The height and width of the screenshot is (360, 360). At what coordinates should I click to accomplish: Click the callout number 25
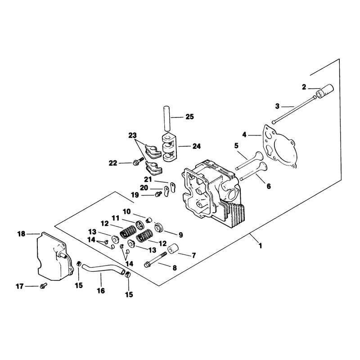point(189,117)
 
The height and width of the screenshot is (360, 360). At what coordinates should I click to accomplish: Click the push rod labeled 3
point(294,109)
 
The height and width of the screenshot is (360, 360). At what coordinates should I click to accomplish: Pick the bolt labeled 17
point(43,286)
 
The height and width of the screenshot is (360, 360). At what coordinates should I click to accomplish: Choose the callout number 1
point(260,246)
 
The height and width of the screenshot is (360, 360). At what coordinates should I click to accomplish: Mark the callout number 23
point(132,135)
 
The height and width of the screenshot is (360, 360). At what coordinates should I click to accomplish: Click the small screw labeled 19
point(158,194)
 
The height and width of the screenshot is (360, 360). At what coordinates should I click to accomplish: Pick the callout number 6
point(269,186)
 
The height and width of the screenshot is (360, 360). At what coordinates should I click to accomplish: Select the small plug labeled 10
point(149,220)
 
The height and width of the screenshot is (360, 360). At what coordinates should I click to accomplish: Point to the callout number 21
point(148,179)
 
